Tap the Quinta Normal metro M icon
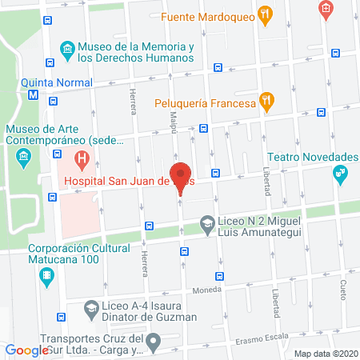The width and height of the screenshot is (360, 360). pyautogui.click(x=33, y=94)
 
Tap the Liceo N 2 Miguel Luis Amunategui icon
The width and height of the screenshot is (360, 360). pyautogui.click(x=207, y=222)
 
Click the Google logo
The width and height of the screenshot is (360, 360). pyautogui.click(x=27, y=350)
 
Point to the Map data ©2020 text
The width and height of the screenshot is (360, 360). pyautogui.click(x=325, y=353)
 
